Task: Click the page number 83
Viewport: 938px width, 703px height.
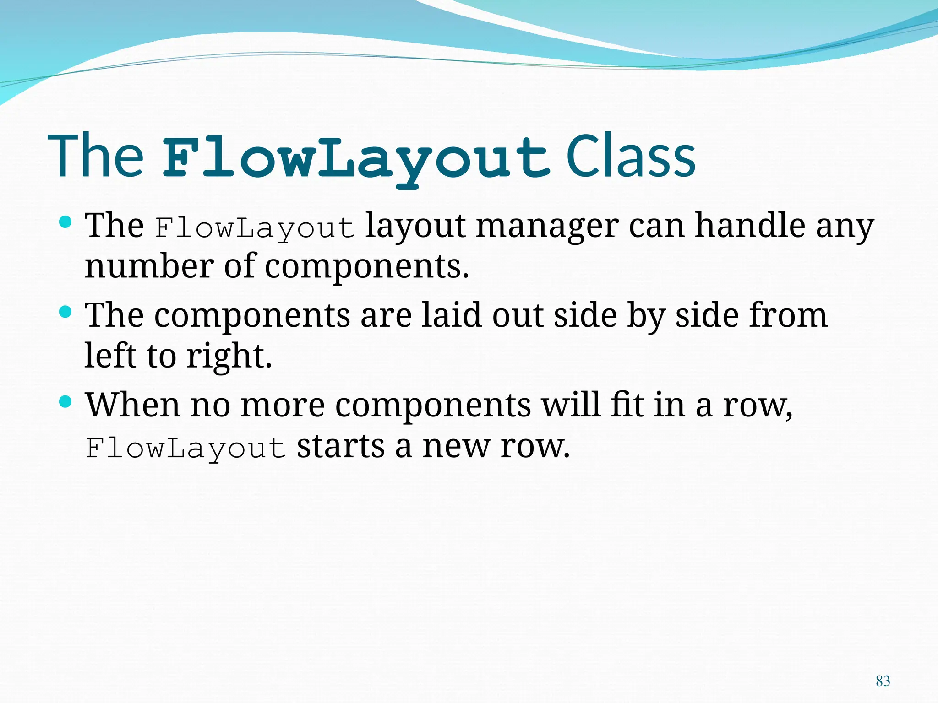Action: tap(883, 681)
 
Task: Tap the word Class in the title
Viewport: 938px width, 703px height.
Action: tap(631, 157)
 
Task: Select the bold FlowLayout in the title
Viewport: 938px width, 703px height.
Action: tap(356, 158)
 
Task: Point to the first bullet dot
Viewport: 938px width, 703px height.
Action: tap(66, 223)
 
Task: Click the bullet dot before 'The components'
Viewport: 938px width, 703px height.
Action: tap(66, 313)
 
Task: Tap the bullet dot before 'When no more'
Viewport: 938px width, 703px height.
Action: tap(66, 402)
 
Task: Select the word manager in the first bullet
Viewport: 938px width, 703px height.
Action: tap(547, 227)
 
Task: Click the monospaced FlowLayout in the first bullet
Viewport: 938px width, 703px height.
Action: tap(255, 227)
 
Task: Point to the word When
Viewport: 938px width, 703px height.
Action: tap(133, 405)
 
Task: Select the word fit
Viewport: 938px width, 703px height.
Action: tap(627, 405)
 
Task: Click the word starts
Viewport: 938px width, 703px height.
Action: tap(340, 446)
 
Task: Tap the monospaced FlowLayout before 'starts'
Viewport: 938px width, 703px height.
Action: tap(186, 448)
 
